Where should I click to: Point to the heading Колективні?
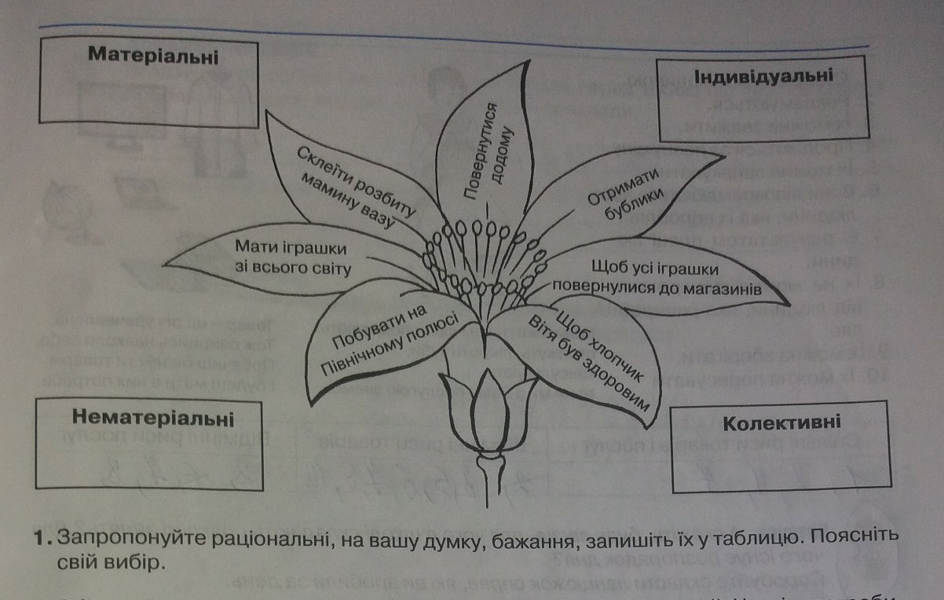point(781,423)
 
